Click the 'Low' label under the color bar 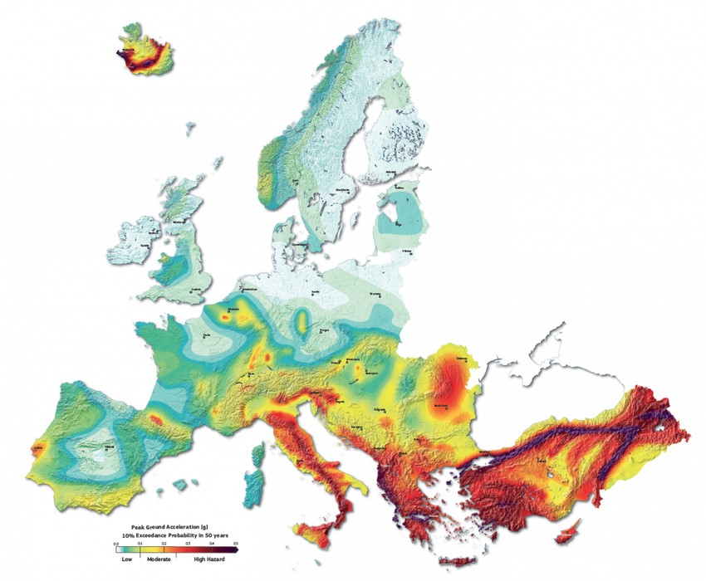click(126, 559)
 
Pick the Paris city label click(204, 334)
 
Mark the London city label click(196, 290)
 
